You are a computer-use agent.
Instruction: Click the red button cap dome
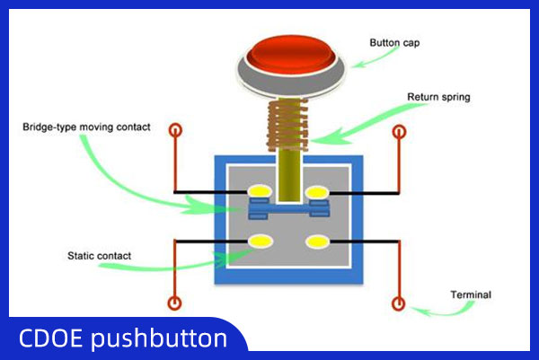[290, 54]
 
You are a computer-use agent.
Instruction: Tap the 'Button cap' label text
[394, 43]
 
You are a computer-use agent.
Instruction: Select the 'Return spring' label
[438, 97]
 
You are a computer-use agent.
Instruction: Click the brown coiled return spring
[287, 125]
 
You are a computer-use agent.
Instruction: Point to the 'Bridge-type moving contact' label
[86, 127]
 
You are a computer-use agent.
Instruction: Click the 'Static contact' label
[99, 256]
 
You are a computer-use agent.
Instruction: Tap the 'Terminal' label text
[471, 294]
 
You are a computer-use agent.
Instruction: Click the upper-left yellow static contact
[260, 192]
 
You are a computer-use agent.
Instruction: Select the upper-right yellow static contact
[317, 192]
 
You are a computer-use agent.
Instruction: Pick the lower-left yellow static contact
[261, 241]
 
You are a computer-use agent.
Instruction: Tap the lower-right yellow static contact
[317, 241]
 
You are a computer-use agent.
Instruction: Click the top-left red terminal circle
[175, 130]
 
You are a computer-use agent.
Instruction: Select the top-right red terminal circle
[399, 132]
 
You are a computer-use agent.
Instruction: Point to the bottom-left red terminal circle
[174, 303]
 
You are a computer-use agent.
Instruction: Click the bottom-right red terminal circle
[398, 304]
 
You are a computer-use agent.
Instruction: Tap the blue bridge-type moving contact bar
[288, 208]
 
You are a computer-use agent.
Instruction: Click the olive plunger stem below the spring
[289, 175]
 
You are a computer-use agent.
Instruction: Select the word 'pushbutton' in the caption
[159, 339]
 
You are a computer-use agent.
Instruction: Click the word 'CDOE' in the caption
[50, 338]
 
